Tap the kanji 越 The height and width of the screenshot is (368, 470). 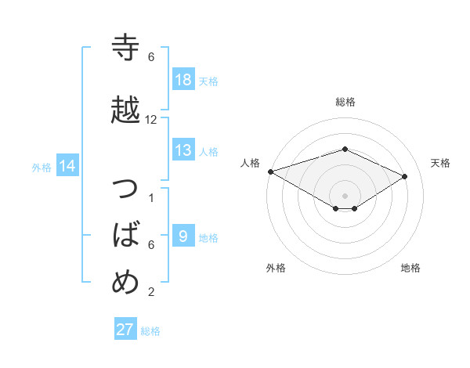(125, 110)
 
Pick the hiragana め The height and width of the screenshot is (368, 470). (125, 281)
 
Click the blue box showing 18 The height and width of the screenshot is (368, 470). (183, 80)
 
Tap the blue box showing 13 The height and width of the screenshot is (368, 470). (183, 150)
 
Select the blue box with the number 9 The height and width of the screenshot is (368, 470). (183, 236)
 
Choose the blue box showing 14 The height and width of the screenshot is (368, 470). (67, 166)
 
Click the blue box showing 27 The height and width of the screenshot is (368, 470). (125, 330)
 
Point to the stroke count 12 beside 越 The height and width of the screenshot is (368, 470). (151, 120)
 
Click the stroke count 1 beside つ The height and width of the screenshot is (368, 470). (151, 197)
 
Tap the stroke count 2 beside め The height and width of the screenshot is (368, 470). (151, 292)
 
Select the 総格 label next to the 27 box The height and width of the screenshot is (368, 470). (150, 330)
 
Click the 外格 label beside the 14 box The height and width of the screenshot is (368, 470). (41, 167)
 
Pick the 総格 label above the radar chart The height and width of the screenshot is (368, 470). (345, 102)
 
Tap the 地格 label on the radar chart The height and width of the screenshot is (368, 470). (410, 268)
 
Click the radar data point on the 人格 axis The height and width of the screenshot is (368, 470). (270, 171)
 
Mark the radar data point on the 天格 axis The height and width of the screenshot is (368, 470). (405, 176)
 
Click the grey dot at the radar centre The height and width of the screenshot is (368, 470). (345, 194)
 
